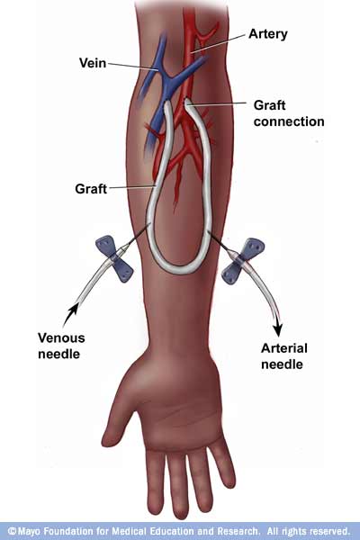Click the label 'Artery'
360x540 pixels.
[x=267, y=34]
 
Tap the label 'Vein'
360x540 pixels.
[x=93, y=63]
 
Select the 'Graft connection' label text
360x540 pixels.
[x=289, y=113]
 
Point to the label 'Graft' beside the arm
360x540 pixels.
[x=91, y=189]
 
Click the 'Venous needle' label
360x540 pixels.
[x=61, y=346]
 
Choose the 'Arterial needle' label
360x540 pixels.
[x=283, y=356]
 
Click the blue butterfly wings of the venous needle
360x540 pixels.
[x=114, y=259]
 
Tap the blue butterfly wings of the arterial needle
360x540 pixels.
[x=243, y=261]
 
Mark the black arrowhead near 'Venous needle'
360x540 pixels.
[x=72, y=310]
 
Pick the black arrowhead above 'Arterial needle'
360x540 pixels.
[x=278, y=329]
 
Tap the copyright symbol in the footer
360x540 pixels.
[x=12, y=531]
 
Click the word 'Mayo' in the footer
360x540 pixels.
[x=30, y=531]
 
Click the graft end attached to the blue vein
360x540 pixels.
[x=167, y=105]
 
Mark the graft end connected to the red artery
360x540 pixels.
[x=188, y=103]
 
